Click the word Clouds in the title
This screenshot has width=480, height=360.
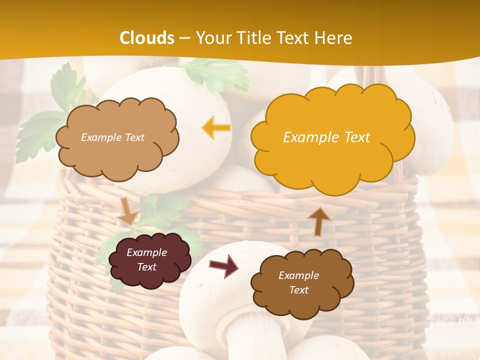[147, 38]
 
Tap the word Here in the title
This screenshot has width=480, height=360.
[333, 38]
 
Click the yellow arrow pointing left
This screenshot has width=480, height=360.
[216, 128]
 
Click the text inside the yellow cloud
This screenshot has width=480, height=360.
[326, 137]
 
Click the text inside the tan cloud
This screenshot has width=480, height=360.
[112, 137]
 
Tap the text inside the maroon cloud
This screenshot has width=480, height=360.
[147, 260]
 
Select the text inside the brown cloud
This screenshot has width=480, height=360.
[298, 282]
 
